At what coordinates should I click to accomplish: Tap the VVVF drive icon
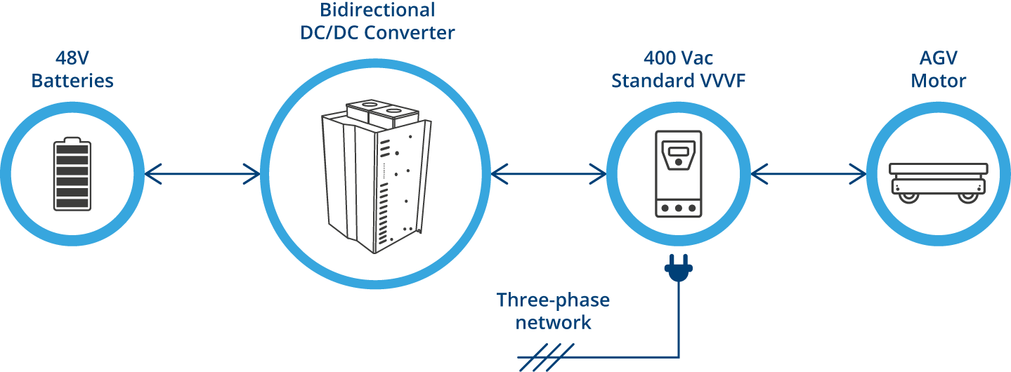click(677, 173)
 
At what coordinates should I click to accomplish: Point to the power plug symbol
click(678, 270)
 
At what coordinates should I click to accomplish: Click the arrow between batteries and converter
click(202, 173)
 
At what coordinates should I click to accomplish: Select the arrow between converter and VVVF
click(549, 173)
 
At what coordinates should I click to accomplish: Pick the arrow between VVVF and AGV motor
click(809, 173)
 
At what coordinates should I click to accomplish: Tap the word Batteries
click(72, 81)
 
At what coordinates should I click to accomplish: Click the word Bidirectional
click(377, 11)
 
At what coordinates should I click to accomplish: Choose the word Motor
click(938, 81)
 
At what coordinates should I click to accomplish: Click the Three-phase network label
click(553, 312)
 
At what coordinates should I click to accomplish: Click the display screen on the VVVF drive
click(677, 150)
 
